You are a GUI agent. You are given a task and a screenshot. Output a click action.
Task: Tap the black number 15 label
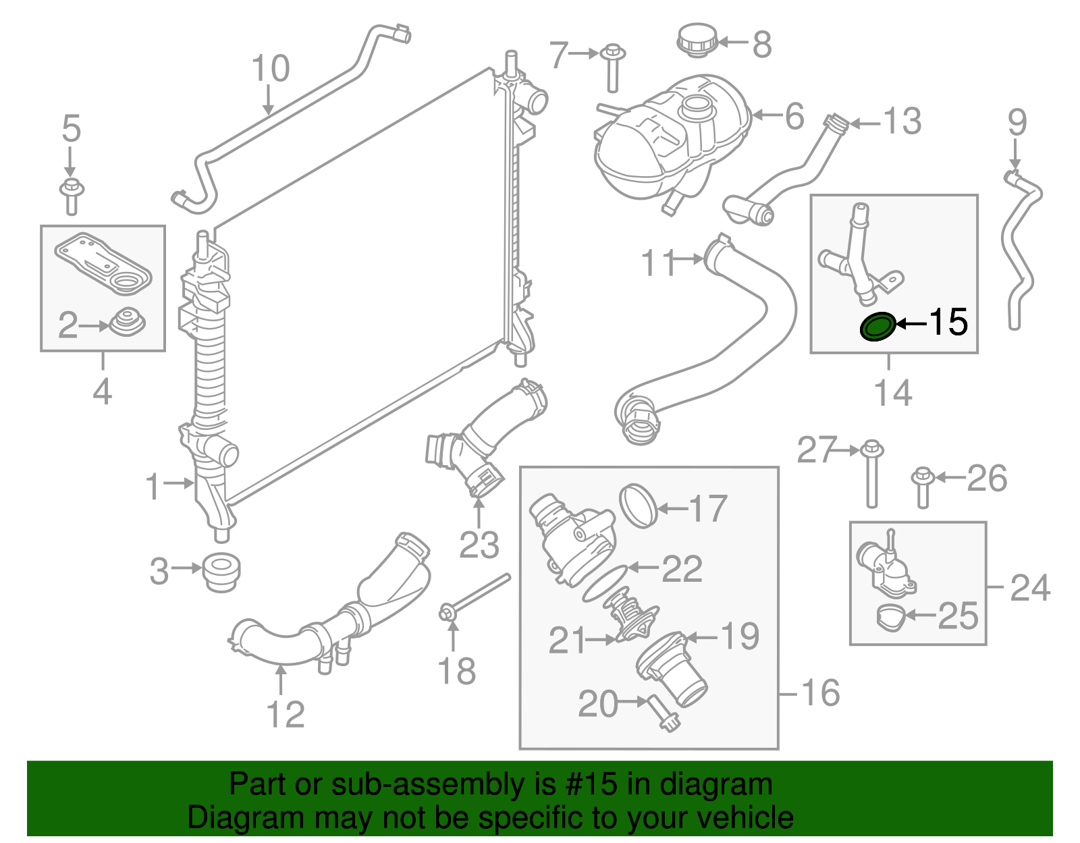(948, 323)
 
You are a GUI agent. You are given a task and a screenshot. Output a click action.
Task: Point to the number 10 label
(270, 69)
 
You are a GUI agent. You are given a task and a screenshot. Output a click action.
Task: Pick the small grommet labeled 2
(127, 324)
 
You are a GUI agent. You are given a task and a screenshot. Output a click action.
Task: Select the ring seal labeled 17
(638, 505)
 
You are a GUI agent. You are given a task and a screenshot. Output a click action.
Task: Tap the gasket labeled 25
(891, 618)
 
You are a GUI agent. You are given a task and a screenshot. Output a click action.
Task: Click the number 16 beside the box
(820, 693)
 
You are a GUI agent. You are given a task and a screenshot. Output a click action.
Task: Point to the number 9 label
(1017, 123)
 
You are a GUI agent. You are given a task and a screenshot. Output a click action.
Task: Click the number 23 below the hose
(479, 545)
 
